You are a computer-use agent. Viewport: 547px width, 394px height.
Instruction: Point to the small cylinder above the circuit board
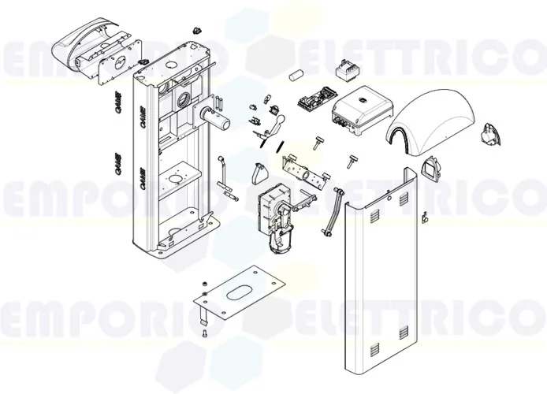(297, 76)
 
